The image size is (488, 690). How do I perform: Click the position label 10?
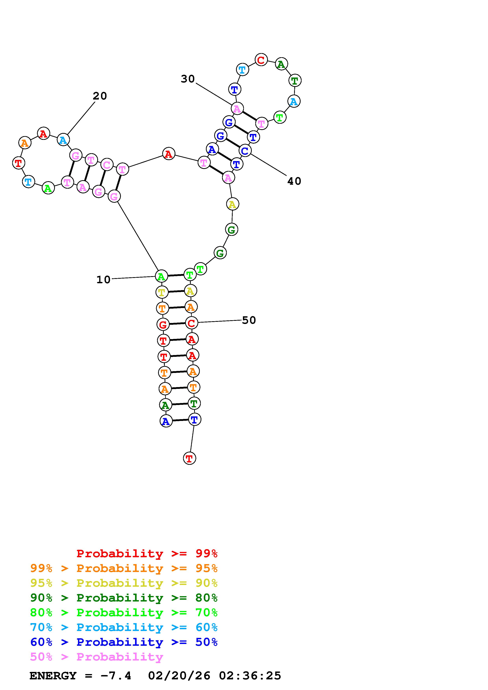point(103,280)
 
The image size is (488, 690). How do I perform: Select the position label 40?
point(294,181)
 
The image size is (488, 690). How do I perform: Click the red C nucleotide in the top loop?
point(261,60)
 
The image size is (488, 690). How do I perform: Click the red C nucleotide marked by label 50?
point(191,323)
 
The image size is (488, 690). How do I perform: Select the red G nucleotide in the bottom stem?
point(163,325)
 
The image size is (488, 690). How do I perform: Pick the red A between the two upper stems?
point(169,154)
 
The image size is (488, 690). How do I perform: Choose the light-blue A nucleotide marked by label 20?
point(63,140)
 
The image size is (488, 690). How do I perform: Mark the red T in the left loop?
point(18,163)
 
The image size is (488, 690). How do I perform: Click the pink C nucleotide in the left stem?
point(106,165)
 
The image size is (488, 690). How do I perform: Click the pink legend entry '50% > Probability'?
point(96,657)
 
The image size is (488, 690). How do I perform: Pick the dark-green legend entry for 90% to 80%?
point(124,598)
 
